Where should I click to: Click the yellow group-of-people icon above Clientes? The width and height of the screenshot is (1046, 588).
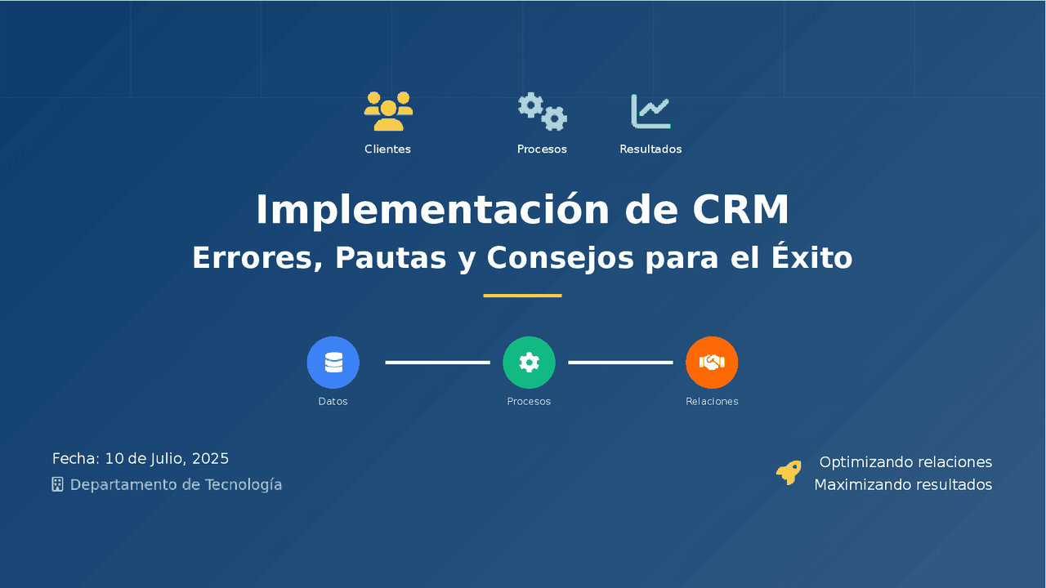tap(388, 111)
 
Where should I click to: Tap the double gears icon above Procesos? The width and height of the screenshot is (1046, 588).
tap(542, 112)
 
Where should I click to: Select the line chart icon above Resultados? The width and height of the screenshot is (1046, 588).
tap(650, 111)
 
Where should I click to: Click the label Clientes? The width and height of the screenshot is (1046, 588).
tap(387, 149)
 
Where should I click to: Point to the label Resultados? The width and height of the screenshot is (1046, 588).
tap(650, 149)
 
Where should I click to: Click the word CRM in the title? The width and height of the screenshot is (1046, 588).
tap(740, 210)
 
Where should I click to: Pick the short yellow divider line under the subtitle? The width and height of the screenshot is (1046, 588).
tap(522, 296)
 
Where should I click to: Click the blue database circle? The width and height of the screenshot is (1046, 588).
tap(333, 363)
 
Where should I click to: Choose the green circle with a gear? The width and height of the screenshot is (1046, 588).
tap(529, 363)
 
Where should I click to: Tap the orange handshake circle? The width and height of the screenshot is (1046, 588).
tap(712, 363)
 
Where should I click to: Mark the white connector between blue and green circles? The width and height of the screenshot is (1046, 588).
tap(437, 363)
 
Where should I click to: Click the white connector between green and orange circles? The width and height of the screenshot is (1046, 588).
tap(620, 363)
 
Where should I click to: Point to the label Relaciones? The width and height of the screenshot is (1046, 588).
tap(712, 401)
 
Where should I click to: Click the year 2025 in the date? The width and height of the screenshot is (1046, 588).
tap(210, 458)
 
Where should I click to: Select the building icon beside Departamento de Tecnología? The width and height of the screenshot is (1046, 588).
tap(57, 484)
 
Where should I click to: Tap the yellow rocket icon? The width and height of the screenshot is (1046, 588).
tap(789, 473)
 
